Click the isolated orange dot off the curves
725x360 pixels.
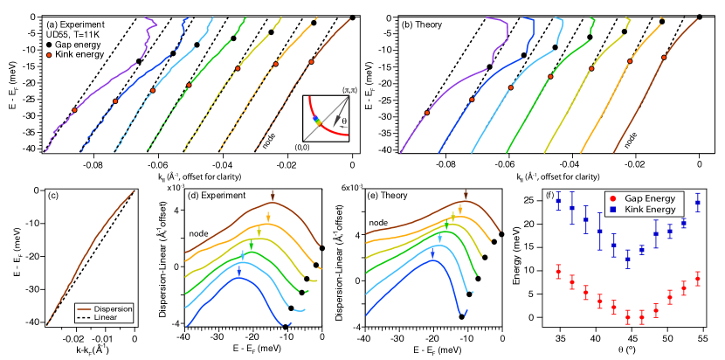click(49, 55)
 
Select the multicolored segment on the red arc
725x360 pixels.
click(316, 120)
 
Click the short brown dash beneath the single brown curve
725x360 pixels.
click(84, 309)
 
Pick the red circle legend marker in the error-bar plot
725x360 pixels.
click(612, 199)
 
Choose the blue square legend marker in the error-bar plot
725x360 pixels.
click(612, 210)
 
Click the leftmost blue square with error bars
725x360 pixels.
click(558, 202)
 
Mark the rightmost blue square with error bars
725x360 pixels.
click(698, 202)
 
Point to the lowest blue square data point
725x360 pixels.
click(628, 259)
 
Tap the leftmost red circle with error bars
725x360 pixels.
click(558, 273)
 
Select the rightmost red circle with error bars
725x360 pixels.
click(698, 280)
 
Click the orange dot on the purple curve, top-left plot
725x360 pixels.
click(74, 110)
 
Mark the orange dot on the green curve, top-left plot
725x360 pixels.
click(189, 85)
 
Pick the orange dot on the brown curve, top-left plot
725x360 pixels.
click(311, 62)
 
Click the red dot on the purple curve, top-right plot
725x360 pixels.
click(427, 113)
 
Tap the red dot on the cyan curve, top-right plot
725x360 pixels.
click(510, 88)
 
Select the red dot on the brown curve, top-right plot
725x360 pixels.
click(664, 58)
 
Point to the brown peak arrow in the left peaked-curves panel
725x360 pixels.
click(273, 196)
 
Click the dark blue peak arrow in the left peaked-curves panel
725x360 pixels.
click(239, 270)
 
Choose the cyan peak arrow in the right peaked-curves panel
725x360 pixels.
click(432, 252)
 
